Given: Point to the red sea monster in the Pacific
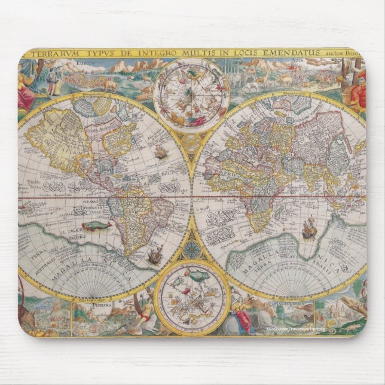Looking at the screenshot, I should click(x=96, y=226).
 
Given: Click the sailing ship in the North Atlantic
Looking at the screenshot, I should click(x=161, y=152).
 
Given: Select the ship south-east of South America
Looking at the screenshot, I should click(x=155, y=256).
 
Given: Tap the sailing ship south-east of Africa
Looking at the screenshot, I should click(x=308, y=229).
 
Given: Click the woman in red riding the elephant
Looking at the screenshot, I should click(x=243, y=317).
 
